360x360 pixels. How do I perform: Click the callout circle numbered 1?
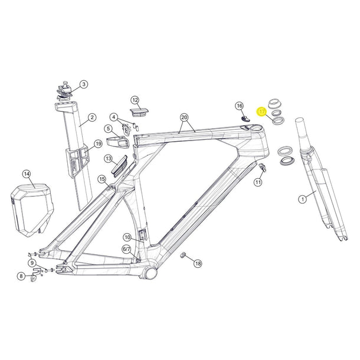point(303,200)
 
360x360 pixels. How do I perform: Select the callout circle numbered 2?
point(91,117)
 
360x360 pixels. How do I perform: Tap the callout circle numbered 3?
point(83,84)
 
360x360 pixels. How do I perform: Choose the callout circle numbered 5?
point(109,128)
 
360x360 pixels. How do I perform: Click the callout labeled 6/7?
point(127,250)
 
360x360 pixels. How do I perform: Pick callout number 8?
point(21,276)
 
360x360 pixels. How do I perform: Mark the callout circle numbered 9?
point(32,263)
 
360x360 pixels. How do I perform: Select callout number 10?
point(127,237)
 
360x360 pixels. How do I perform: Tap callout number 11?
point(258,184)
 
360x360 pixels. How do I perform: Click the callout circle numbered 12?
point(135,100)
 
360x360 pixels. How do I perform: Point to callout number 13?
point(108,159)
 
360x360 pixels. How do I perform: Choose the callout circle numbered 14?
point(26,174)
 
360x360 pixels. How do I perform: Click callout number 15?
point(102,179)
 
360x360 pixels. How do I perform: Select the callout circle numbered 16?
point(239,106)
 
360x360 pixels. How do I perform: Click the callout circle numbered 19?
point(98,143)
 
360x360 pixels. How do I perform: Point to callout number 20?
point(184,117)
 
